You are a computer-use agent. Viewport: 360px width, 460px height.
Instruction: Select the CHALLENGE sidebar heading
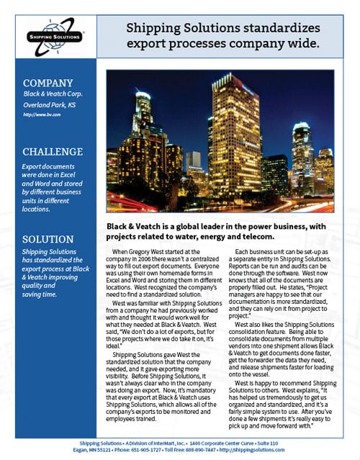tap(53, 152)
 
